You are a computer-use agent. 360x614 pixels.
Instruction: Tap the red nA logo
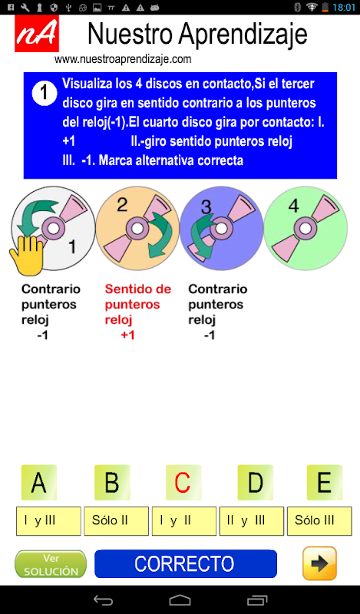click(37, 34)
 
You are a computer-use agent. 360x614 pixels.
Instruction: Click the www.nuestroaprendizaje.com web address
click(123, 59)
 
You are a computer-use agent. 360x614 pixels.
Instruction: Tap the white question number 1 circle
click(45, 93)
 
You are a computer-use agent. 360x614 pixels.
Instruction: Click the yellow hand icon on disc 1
click(27, 255)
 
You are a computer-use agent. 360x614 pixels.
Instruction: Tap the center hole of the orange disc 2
click(137, 228)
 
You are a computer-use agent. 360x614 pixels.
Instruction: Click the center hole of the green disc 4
click(306, 228)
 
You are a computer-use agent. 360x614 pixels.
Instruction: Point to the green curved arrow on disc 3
click(201, 235)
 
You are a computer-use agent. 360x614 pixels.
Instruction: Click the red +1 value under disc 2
click(127, 335)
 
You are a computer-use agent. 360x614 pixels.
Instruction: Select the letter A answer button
click(39, 483)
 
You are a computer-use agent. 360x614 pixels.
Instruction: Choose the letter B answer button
click(112, 483)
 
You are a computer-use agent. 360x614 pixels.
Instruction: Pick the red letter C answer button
click(183, 483)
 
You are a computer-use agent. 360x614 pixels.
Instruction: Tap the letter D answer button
click(256, 483)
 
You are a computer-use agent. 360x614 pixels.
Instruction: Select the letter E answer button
click(325, 483)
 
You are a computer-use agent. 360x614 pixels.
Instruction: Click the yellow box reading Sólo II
click(117, 521)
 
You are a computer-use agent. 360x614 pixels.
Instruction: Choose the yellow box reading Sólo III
click(319, 521)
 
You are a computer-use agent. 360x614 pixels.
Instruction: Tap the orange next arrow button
click(319, 563)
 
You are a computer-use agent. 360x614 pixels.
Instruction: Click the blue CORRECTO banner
click(186, 564)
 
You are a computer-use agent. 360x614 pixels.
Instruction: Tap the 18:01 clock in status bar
click(344, 8)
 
